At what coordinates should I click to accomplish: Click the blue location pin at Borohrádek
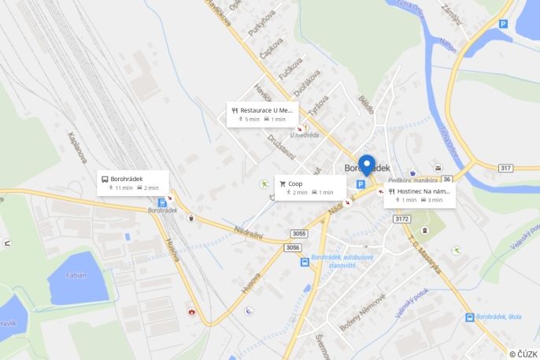[366, 165]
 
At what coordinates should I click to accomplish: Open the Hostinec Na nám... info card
[419, 195]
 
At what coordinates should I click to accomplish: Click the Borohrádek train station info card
[133, 183]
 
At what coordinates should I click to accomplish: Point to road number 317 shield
[505, 168]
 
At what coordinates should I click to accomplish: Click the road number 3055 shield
[298, 234]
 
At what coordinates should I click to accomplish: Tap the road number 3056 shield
[292, 247]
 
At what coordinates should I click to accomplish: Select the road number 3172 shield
[402, 219]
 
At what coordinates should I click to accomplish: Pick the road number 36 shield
[446, 179]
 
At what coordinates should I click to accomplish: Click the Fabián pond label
[76, 275]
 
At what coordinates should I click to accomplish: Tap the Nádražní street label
[252, 232]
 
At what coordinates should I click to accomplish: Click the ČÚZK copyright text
[523, 354]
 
